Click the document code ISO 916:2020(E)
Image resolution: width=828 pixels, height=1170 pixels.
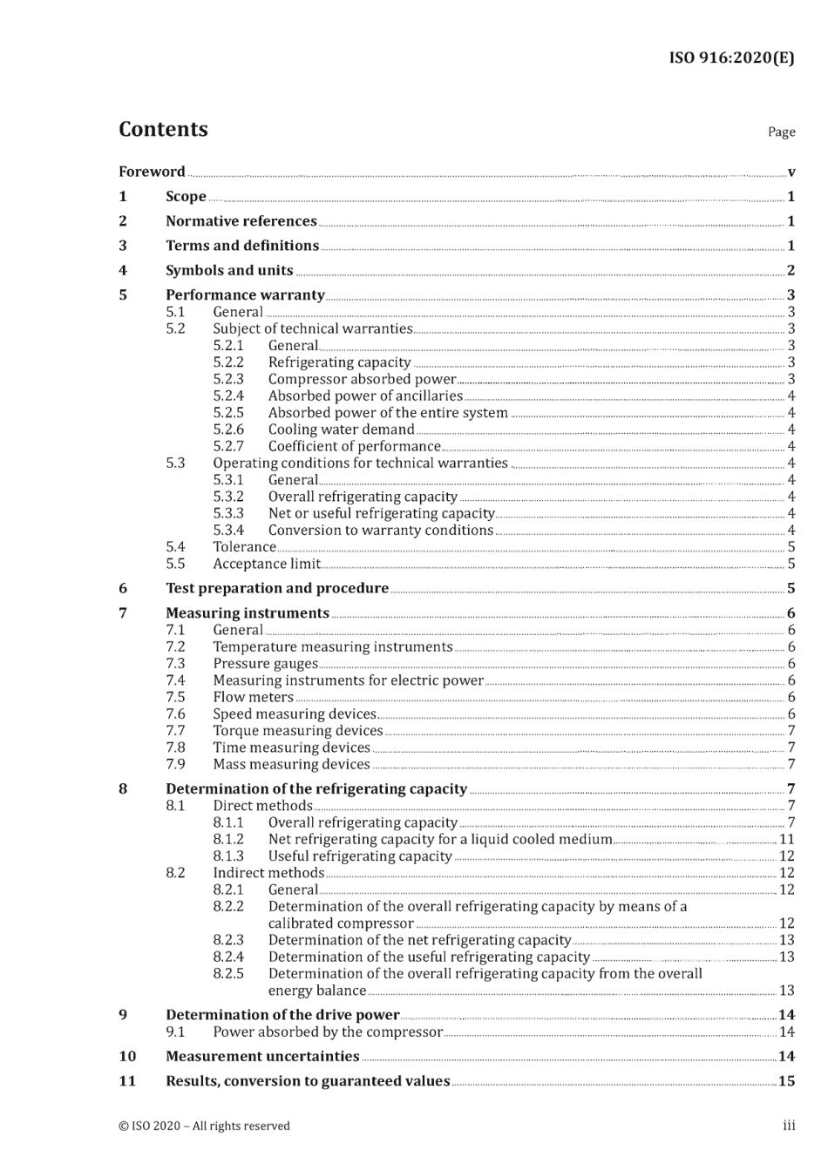tap(731, 57)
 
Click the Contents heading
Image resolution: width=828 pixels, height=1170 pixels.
tap(163, 130)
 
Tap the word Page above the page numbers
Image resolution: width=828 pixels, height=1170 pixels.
tap(781, 132)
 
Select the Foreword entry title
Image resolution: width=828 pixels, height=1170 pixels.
tap(152, 172)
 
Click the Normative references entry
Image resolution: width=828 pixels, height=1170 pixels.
tap(241, 221)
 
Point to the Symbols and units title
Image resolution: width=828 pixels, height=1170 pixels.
tap(229, 270)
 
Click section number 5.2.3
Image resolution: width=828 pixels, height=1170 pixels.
tap(228, 379)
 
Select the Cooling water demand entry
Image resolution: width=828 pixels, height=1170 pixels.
tap(341, 429)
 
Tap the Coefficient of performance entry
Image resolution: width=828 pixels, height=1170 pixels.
tap(354, 446)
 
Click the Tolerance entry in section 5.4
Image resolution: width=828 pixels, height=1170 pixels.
tap(244, 547)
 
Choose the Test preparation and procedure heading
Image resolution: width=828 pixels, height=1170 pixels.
tap(277, 588)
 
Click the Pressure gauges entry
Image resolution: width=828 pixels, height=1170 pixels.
tap(265, 664)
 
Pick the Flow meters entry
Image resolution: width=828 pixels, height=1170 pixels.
tap(253, 697)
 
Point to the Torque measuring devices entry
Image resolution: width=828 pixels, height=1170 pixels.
tap(298, 731)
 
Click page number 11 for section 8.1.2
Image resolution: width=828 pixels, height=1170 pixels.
tap(786, 839)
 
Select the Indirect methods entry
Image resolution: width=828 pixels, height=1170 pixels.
tap(268, 873)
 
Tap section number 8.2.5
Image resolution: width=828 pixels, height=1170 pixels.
tap(228, 974)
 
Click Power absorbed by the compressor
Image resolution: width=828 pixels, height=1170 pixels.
tap(328, 1032)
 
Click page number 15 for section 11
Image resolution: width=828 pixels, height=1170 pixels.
tap(786, 1081)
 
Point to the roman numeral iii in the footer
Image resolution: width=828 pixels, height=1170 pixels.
tap(788, 1126)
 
